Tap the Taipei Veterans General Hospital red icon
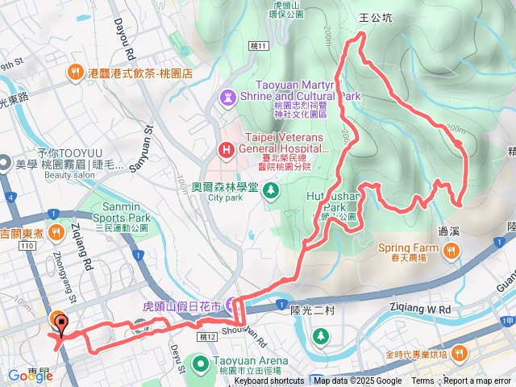click(x=227, y=149)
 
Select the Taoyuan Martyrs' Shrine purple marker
click(x=227, y=98)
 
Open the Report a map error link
click(x=477, y=381)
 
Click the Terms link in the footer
click(x=422, y=381)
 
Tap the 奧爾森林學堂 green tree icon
click(x=271, y=190)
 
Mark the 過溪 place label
click(x=449, y=231)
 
